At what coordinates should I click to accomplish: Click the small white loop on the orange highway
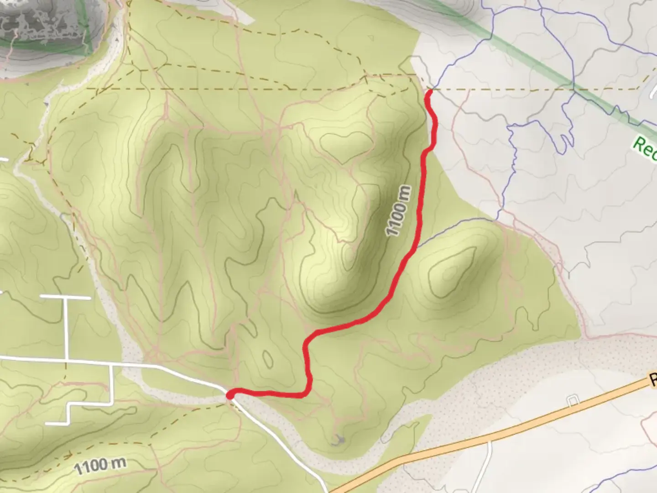[x=573, y=400]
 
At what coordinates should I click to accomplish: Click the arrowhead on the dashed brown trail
[x=68, y=455]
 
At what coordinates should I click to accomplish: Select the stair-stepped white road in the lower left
[x=68, y=413]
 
